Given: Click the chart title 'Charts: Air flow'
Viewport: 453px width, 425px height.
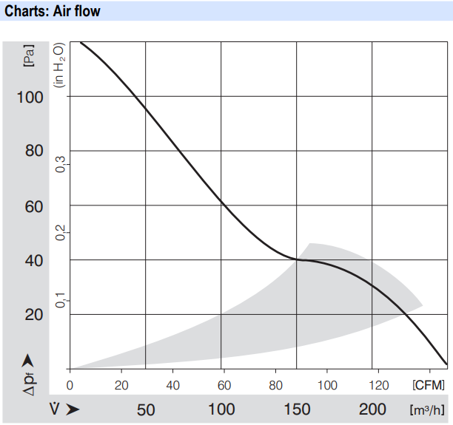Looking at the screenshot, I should (x=53, y=11).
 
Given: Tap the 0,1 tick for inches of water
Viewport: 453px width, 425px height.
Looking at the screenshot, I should (x=61, y=301).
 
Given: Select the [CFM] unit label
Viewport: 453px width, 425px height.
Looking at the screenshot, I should (x=429, y=385).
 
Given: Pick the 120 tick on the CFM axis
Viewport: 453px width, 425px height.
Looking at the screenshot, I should (x=379, y=385).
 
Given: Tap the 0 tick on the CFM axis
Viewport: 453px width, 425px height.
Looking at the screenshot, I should (x=70, y=385).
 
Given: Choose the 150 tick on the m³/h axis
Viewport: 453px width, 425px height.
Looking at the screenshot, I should (x=297, y=409).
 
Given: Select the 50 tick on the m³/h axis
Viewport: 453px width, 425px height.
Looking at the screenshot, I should (x=146, y=409).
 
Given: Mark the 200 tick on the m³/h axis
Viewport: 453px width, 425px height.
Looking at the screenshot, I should (x=372, y=409).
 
